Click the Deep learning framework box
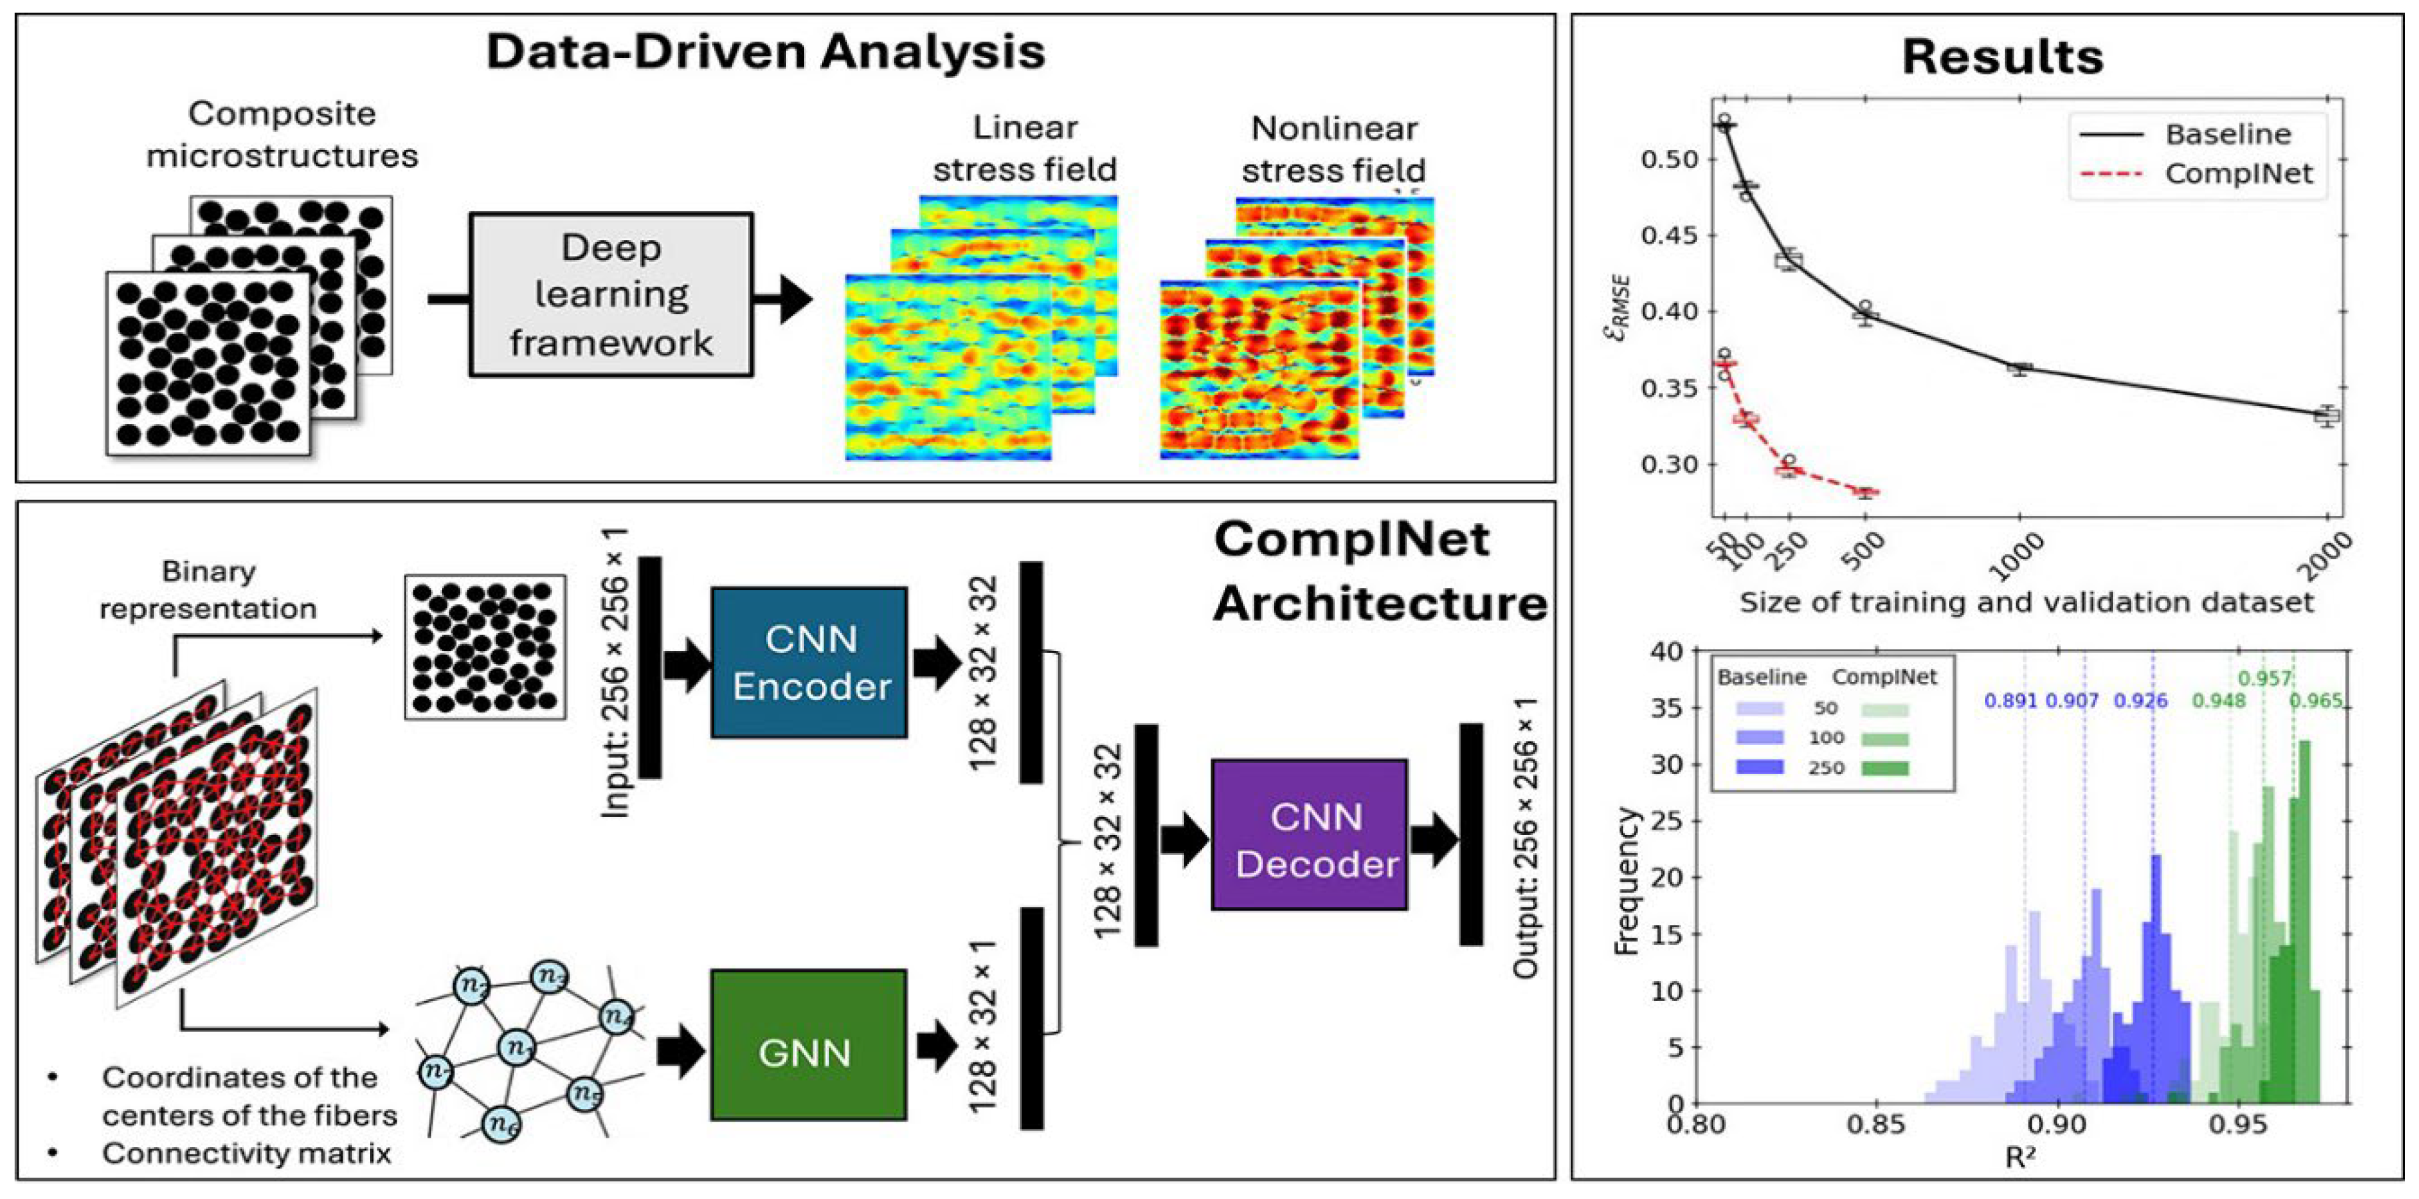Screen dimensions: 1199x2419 pos(611,295)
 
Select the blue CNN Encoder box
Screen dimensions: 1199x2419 pos(809,662)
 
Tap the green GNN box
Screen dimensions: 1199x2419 pos(808,1044)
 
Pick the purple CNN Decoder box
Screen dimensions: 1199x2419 pos(1309,834)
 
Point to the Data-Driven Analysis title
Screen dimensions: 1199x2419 pos(765,51)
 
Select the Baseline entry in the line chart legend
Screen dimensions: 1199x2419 pos(2228,134)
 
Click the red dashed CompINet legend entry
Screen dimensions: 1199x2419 pos(2239,174)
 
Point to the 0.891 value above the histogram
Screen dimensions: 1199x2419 pos(2010,701)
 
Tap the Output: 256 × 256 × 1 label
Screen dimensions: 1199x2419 pos(1526,838)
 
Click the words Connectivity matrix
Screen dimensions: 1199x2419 pos(246,1153)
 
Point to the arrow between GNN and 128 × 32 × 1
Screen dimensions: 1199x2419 pos(937,1047)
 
